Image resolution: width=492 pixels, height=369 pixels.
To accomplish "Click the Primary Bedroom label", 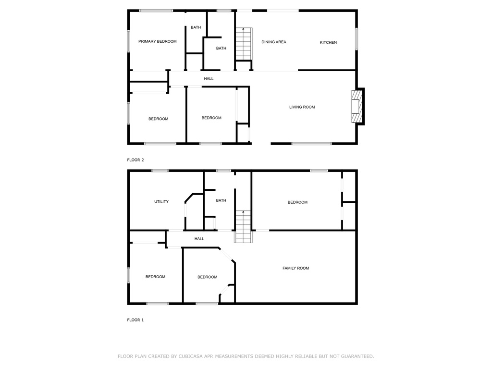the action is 158,41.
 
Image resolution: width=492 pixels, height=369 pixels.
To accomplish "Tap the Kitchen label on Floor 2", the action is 328,42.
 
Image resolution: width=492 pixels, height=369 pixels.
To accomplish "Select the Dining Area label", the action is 274,42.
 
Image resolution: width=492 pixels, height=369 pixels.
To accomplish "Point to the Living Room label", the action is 302,107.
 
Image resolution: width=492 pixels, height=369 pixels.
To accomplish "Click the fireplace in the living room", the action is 357,106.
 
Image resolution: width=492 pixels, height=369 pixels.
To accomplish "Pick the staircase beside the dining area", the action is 244,44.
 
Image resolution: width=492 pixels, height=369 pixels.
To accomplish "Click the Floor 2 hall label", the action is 209,79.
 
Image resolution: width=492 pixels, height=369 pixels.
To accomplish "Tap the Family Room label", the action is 295,268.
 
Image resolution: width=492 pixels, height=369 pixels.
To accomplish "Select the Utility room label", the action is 161,201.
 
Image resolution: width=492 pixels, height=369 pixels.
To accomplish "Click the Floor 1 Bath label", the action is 221,200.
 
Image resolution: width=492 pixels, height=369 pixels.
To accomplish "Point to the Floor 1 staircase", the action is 243,227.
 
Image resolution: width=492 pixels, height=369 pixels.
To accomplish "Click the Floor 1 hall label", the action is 199,239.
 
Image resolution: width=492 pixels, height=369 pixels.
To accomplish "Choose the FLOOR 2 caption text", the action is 135,160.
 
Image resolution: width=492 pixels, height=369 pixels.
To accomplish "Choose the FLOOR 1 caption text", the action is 135,320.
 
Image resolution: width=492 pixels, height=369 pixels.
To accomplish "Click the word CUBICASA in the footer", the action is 190,356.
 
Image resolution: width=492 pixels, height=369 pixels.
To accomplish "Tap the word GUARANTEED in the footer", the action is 357,356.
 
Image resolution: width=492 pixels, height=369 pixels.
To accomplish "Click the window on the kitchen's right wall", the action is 357,39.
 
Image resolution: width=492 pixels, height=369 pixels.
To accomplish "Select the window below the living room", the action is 311,144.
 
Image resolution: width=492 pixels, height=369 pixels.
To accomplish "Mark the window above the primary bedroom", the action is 156,11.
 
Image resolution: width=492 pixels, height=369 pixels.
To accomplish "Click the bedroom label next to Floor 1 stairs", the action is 297,202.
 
